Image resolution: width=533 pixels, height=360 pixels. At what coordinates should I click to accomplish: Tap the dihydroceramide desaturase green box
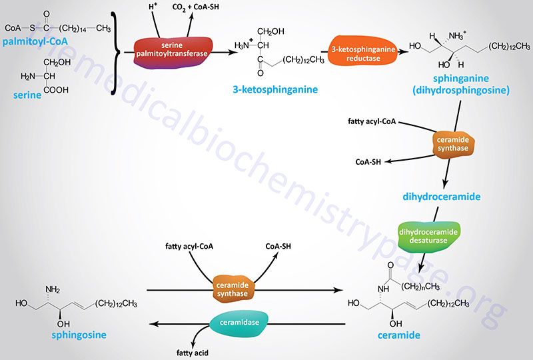(x=428, y=237)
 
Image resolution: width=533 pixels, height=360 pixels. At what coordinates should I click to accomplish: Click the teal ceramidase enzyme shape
(x=239, y=322)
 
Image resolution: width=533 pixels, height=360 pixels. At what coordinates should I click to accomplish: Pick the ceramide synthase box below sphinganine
(x=453, y=144)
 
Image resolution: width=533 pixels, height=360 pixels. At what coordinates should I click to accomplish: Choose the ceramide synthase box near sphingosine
(x=232, y=289)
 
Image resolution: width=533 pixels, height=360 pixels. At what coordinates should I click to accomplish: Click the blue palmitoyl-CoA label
(x=35, y=41)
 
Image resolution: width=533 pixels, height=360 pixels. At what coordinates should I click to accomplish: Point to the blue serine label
(x=27, y=95)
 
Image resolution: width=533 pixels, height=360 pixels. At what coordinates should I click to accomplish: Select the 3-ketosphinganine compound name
(x=275, y=89)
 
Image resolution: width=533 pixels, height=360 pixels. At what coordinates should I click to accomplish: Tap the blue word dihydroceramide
(x=442, y=197)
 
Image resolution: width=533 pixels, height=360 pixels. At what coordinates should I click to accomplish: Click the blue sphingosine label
(x=79, y=335)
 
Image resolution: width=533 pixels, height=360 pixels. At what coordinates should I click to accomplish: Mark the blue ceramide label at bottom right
(x=399, y=335)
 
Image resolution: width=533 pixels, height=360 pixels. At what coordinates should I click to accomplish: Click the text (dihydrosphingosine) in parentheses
(x=461, y=91)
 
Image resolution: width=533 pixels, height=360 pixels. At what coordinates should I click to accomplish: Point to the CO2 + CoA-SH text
(x=195, y=7)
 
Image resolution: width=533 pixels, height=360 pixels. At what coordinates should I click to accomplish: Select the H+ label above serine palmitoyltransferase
(x=153, y=6)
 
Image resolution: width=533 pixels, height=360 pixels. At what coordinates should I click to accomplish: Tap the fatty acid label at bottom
(x=193, y=353)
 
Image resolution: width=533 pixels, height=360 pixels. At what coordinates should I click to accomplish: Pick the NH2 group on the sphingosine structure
(x=53, y=289)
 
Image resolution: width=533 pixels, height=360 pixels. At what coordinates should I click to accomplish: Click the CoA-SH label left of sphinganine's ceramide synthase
(x=368, y=162)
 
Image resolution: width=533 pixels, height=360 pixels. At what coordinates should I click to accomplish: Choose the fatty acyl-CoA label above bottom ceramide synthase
(x=189, y=246)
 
